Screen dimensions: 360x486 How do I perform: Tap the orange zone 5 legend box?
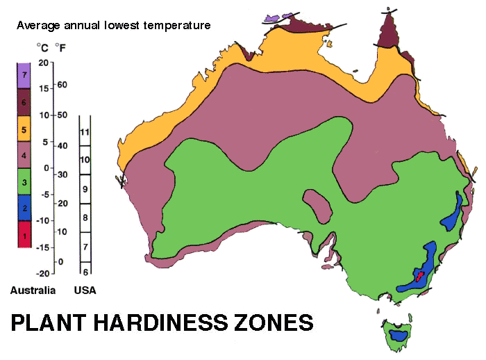25,129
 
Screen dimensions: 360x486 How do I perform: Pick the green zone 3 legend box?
25,181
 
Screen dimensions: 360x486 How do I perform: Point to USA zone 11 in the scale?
86,131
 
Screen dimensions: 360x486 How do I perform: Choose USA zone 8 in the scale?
86,218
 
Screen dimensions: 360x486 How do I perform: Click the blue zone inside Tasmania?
399,334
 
